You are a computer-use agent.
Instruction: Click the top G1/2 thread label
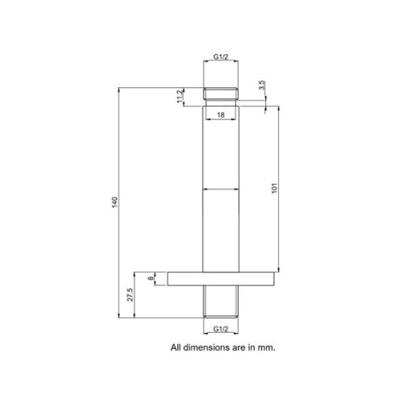(x=221, y=56)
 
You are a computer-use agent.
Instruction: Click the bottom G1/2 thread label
(x=221, y=329)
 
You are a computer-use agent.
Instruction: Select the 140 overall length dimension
(x=114, y=202)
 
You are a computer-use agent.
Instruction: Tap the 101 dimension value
(x=274, y=189)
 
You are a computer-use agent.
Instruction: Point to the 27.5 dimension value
(x=130, y=295)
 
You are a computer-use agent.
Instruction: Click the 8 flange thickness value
(x=152, y=278)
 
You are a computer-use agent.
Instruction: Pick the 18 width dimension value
(x=221, y=115)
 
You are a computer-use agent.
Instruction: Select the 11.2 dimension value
(x=180, y=96)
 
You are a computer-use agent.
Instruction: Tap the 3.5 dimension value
(x=262, y=85)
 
